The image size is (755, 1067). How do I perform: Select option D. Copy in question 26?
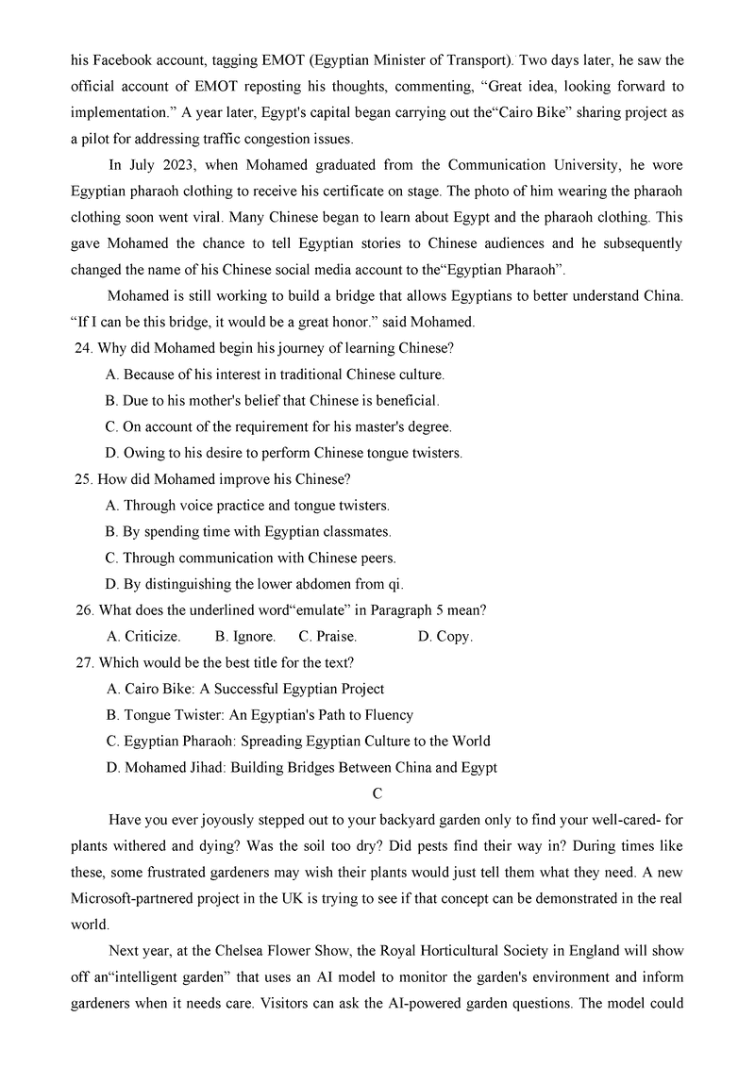coord(445,636)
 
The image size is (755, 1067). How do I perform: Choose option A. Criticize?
coord(143,636)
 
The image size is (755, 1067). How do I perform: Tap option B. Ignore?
coord(245,636)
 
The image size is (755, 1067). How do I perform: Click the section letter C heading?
coord(377,793)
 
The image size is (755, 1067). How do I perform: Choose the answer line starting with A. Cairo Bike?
coord(245,689)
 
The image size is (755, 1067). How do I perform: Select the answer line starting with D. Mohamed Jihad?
coord(302,767)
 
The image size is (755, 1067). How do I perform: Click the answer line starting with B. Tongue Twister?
coord(260,714)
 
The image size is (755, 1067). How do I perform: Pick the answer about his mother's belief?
coord(273,400)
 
